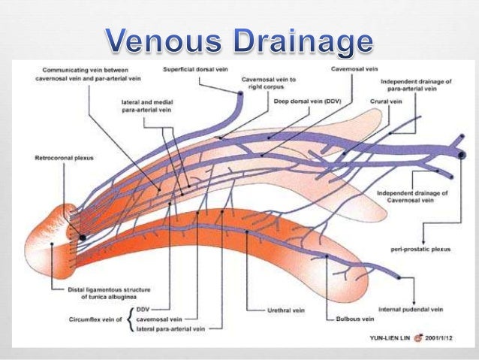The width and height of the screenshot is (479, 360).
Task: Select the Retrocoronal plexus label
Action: pyautogui.click(x=57, y=159)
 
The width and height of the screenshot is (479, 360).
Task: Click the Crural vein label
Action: pyautogui.click(x=384, y=101)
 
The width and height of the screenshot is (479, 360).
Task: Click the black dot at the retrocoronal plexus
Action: pyautogui.click(x=83, y=237)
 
